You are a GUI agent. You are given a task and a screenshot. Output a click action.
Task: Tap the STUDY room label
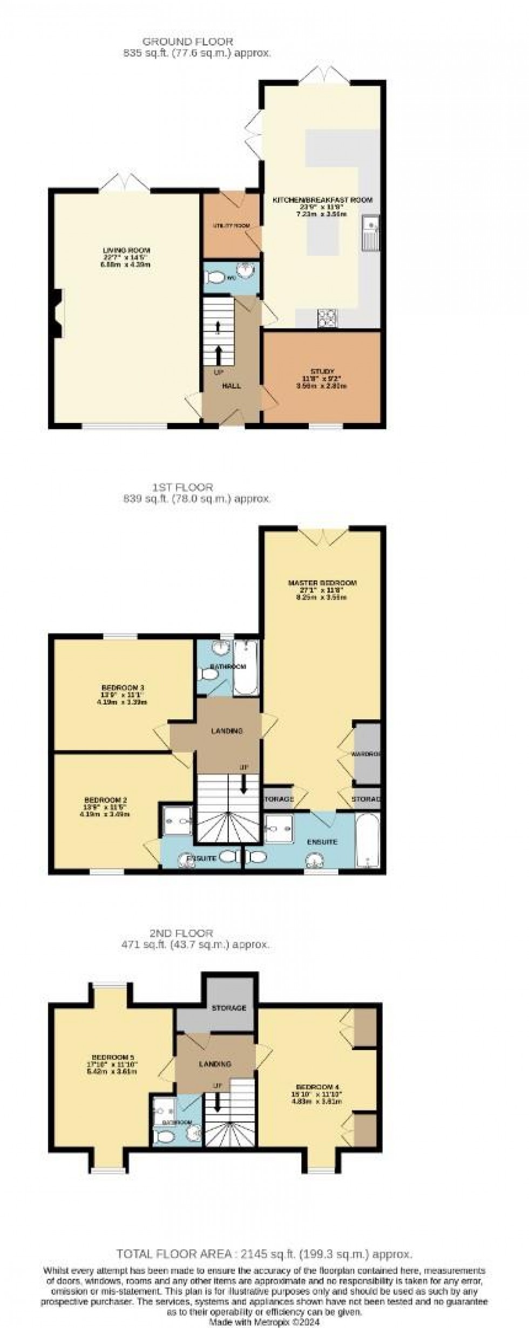coord(322,372)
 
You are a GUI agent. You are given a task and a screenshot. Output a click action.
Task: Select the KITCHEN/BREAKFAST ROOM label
coord(322,200)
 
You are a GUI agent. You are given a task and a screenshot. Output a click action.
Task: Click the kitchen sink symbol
coord(371,233)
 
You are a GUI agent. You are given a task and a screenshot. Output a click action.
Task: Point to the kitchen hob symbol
coord(327,317)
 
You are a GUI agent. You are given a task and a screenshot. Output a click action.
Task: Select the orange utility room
coord(230,226)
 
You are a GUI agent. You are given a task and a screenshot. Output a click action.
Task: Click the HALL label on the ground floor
coord(232,386)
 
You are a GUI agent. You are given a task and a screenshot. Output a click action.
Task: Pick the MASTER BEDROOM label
coord(322,583)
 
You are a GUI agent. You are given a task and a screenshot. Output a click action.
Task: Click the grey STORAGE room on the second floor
coord(229,1007)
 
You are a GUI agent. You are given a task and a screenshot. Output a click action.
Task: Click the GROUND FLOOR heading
coord(187,42)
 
